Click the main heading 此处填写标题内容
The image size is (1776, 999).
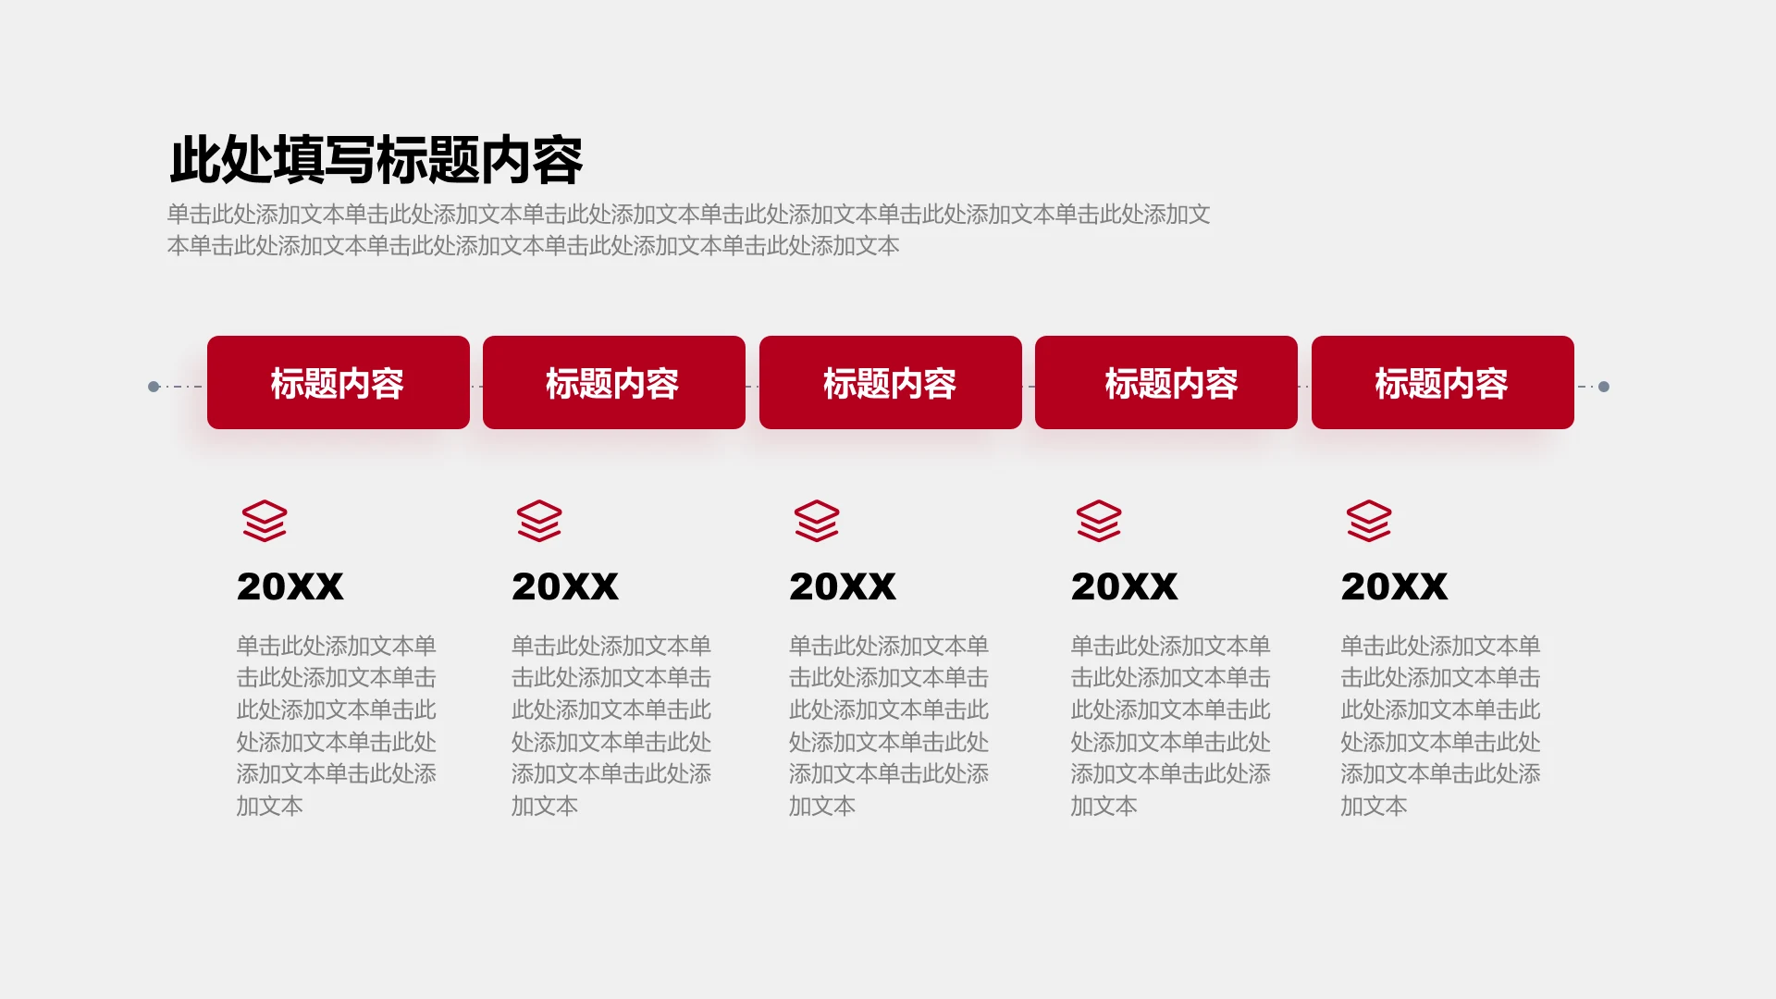(x=376, y=160)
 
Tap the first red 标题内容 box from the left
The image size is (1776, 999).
(x=339, y=382)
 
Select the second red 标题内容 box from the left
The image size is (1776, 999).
(x=614, y=382)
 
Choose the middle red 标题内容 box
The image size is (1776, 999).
(x=891, y=382)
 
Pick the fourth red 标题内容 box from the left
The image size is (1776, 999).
(x=1166, y=382)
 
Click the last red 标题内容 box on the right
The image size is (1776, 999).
(x=1443, y=382)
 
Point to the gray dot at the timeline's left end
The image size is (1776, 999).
(x=154, y=387)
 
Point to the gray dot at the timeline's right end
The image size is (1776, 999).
(x=1604, y=387)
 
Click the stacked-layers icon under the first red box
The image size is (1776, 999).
(x=265, y=521)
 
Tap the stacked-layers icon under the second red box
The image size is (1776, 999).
(x=539, y=521)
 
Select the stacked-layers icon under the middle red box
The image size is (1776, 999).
(x=817, y=521)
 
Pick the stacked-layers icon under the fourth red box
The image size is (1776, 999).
(x=1099, y=521)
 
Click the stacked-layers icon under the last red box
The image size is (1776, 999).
(x=1369, y=521)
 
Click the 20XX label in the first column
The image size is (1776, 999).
(x=290, y=586)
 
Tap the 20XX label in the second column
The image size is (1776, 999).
(x=565, y=586)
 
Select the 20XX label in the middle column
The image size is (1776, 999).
(x=843, y=586)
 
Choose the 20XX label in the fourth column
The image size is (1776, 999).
(x=1125, y=586)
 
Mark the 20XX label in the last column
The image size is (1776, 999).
(x=1395, y=586)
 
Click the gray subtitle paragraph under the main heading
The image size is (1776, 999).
(x=689, y=230)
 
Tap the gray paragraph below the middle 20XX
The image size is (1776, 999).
(x=889, y=725)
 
